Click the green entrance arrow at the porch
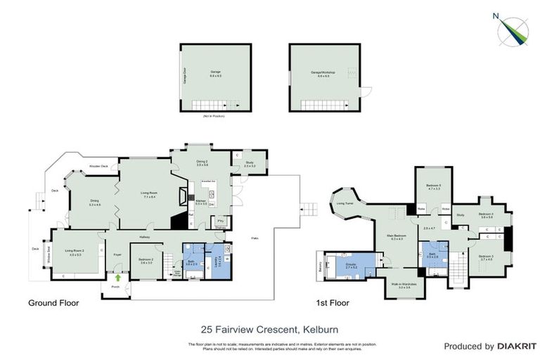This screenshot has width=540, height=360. (117, 277)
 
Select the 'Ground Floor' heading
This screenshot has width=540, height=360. (53, 304)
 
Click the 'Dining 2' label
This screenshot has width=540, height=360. (202, 163)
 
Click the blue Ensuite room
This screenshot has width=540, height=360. (352, 266)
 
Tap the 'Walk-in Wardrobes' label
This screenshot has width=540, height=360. (399, 285)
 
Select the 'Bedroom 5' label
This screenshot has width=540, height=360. (433, 186)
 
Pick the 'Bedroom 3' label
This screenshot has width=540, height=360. (485, 257)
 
